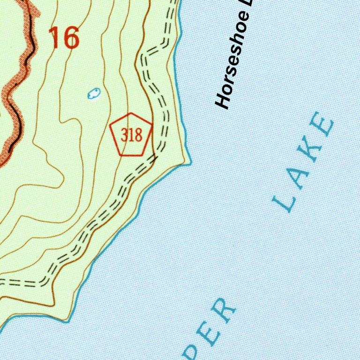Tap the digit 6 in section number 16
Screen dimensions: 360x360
pos(70,38)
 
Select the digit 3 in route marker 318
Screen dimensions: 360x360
pos(124,135)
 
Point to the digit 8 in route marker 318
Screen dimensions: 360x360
pos(138,135)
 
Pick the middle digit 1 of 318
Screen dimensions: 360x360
pos(131,135)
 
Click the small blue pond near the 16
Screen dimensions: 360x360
pos(94,93)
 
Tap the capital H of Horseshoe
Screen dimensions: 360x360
pos(223,100)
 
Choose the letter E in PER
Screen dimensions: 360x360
pos(208,335)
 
